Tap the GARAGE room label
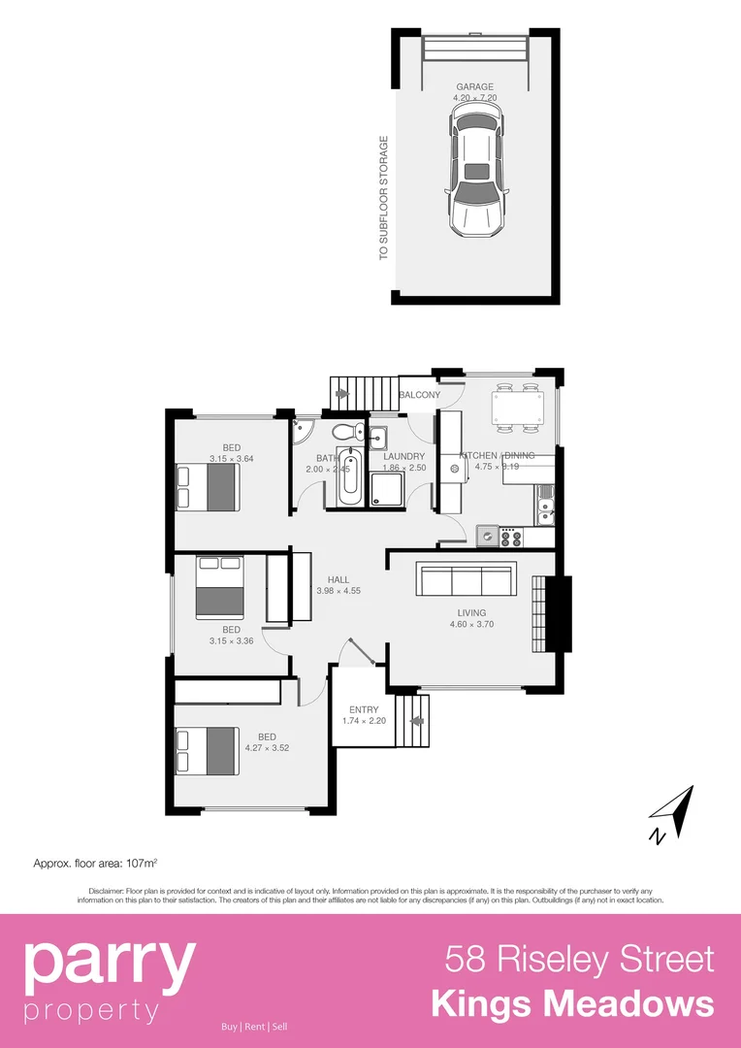pyautogui.click(x=475, y=87)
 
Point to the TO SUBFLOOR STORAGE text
pyautogui.click(x=383, y=198)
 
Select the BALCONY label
pyautogui.click(x=419, y=395)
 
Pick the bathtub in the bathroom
pyautogui.click(x=350, y=477)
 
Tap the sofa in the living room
pyautogui.click(x=466, y=579)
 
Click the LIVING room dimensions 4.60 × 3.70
pyautogui.click(x=472, y=624)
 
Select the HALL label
pyautogui.click(x=338, y=579)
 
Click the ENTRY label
pyautogui.click(x=364, y=709)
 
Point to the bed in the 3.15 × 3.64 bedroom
pyautogui.click(x=208, y=486)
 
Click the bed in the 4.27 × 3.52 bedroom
pyautogui.click(x=207, y=751)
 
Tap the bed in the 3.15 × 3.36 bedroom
pyautogui.click(x=219, y=587)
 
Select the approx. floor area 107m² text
pyautogui.click(x=95, y=862)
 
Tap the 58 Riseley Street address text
pyautogui.click(x=579, y=959)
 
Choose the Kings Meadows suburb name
pyautogui.click(x=572, y=1003)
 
